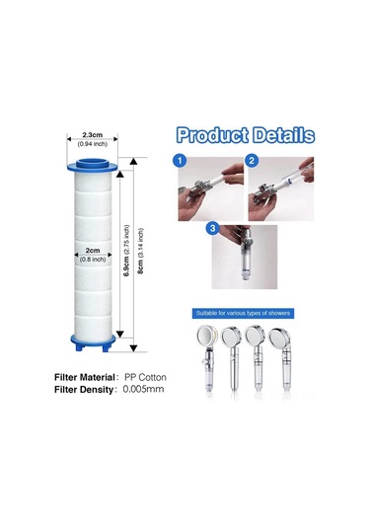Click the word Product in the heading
coord(213,135)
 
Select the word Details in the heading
coord(279,135)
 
